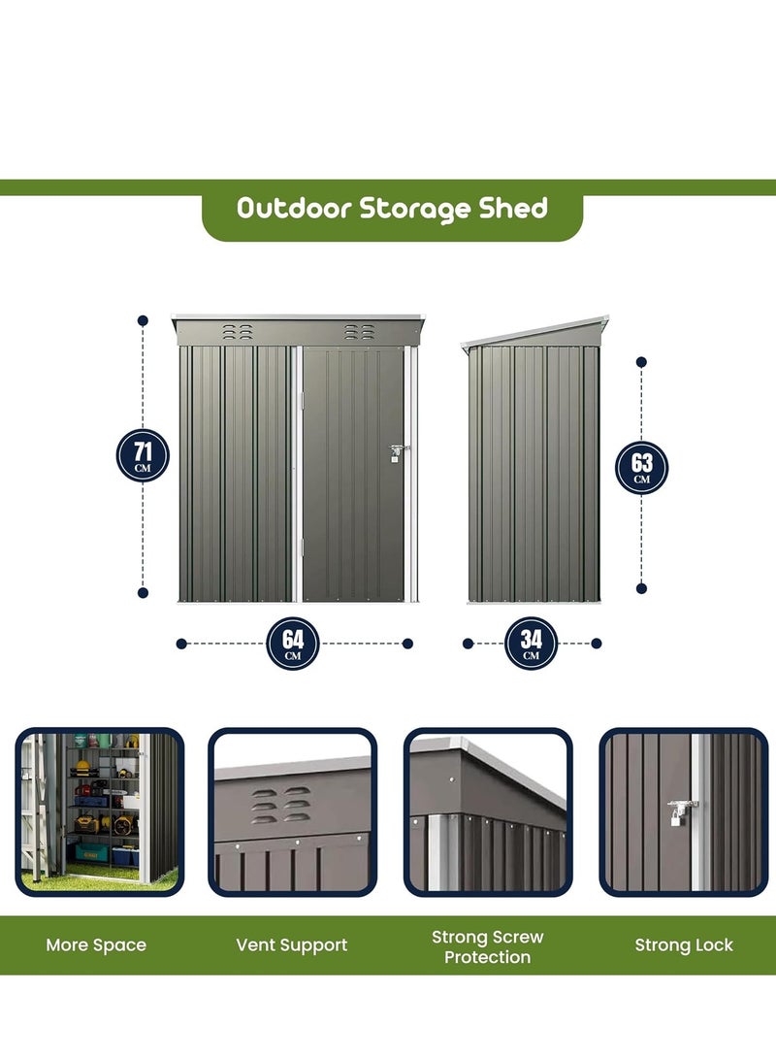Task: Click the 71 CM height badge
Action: [x=143, y=455]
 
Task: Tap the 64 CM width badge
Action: [x=293, y=643]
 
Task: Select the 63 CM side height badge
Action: [x=642, y=467]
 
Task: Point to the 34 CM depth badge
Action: [x=531, y=643]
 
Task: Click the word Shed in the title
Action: [x=513, y=209]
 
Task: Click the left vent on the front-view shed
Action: [x=239, y=332]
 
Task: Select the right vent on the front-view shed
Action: [x=358, y=332]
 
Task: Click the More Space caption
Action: [x=96, y=945]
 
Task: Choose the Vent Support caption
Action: [x=292, y=945]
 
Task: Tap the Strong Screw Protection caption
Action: [x=487, y=947]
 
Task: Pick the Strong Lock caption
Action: [x=684, y=945]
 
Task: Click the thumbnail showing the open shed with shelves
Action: [x=99, y=811]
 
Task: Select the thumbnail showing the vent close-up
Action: [x=292, y=811]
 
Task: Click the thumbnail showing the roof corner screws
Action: [x=488, y=811]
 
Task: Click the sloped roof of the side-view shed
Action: [x=536, y=332]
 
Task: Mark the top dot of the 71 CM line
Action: [x=143, y=319]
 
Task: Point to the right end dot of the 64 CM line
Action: [x=408, y=643]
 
